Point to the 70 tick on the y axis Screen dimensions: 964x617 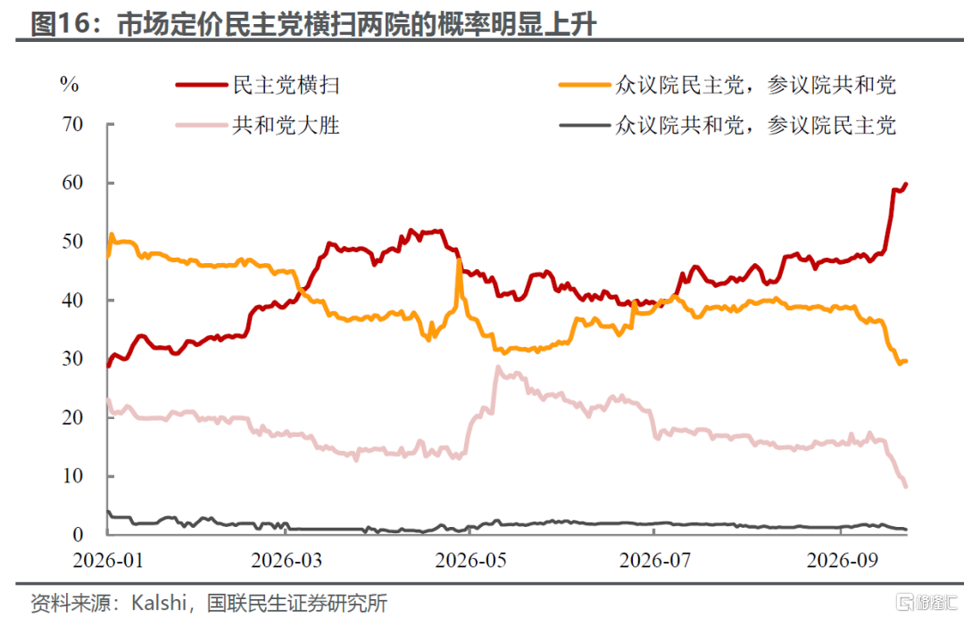72,124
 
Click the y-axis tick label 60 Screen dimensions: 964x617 72,183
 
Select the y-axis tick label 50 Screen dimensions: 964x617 72,242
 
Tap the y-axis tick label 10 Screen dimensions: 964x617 72,476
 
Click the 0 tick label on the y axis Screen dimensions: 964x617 78,534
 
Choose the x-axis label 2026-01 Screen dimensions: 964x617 108,560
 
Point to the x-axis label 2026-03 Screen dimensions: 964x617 287,560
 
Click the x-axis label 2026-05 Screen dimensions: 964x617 471,560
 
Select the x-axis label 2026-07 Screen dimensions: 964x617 655,560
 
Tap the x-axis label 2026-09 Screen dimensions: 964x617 843,560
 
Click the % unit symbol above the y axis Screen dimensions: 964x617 70,84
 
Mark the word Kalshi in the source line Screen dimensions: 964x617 159,602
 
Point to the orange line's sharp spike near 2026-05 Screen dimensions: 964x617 459,261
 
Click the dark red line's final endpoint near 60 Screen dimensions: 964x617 906,185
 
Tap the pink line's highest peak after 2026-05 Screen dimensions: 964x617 497,367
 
